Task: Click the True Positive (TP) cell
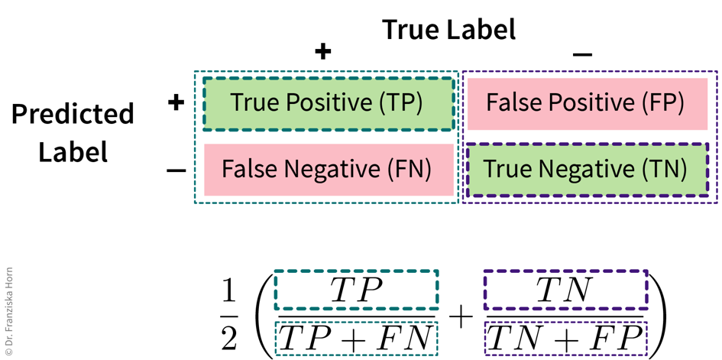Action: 327,103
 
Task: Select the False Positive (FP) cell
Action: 585,103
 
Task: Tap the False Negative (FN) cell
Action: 327,169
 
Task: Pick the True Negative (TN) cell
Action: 585,169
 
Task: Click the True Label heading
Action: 448,29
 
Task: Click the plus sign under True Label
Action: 323,51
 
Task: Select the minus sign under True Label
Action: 582,54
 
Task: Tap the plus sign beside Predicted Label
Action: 176,102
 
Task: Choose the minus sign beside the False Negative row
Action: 176,170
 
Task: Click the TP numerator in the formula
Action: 356,290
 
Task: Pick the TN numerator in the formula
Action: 565,290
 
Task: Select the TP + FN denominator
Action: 356,338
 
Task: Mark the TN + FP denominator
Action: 565,338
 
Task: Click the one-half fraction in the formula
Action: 229,314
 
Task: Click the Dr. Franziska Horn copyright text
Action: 9,313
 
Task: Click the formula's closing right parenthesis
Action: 658,314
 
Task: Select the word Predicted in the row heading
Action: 73,115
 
